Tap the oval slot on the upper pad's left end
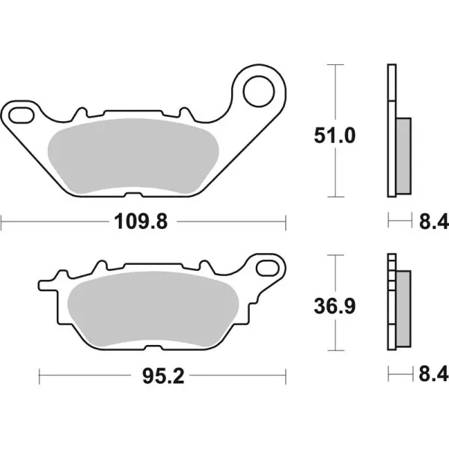[22, 114]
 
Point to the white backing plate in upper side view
[390, 131]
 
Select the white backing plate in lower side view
[390, 307]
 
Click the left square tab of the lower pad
[46, 285]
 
